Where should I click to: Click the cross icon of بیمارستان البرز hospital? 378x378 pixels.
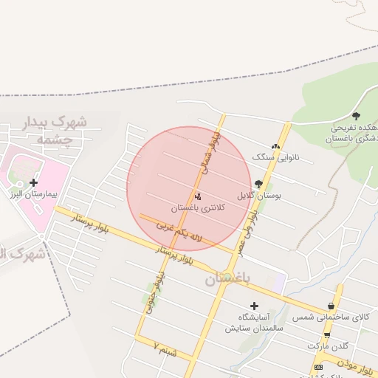(x=33, y=182)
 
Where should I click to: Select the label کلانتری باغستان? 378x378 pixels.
(x=195, y=209)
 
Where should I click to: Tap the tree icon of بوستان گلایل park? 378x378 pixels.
(x=258, y=185)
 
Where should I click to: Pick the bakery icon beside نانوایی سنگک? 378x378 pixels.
(x=276, y=147)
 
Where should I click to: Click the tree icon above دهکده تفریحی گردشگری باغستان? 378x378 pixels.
(x=356, y=115)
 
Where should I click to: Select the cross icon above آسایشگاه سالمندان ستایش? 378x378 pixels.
(x=255, y=305)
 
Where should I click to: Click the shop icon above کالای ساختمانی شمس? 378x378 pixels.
(x=331, y=306)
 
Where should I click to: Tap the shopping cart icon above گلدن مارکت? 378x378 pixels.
(x=326, y=335)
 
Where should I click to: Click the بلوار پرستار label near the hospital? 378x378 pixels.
(x=92, y=221)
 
